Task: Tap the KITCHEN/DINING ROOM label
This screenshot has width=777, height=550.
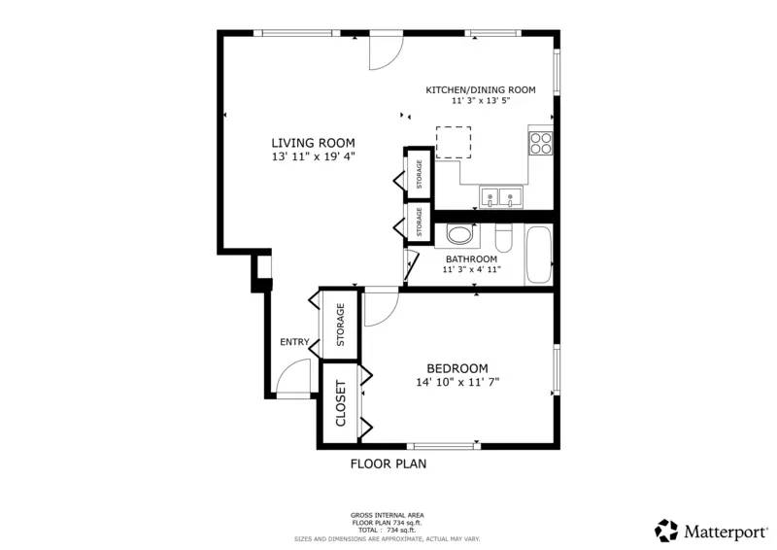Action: coord(480,89)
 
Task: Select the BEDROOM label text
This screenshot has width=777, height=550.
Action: coord(456,368)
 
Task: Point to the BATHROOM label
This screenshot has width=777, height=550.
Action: coord(471,259)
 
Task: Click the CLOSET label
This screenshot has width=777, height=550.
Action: coord(341,404)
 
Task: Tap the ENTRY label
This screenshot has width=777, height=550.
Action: coord(294,342)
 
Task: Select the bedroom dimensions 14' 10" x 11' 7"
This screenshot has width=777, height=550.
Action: coord(456,382)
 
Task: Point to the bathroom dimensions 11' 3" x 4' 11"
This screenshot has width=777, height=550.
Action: coord(471,270)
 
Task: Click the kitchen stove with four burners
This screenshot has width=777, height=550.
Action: coord(540,143)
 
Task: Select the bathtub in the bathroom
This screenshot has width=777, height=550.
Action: coord(538,255)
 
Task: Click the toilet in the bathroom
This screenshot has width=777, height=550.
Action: coord(503,236)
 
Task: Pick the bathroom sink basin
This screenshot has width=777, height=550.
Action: coord(459,235)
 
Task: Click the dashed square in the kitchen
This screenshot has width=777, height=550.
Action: coord(453,142)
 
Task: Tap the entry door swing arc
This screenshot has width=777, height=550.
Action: coord(294,375)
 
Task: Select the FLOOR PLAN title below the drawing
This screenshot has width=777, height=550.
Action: coord(388,464)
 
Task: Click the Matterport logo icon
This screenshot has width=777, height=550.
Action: coord(666,531)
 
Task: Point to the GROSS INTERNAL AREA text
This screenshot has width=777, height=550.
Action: coord(387,515)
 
